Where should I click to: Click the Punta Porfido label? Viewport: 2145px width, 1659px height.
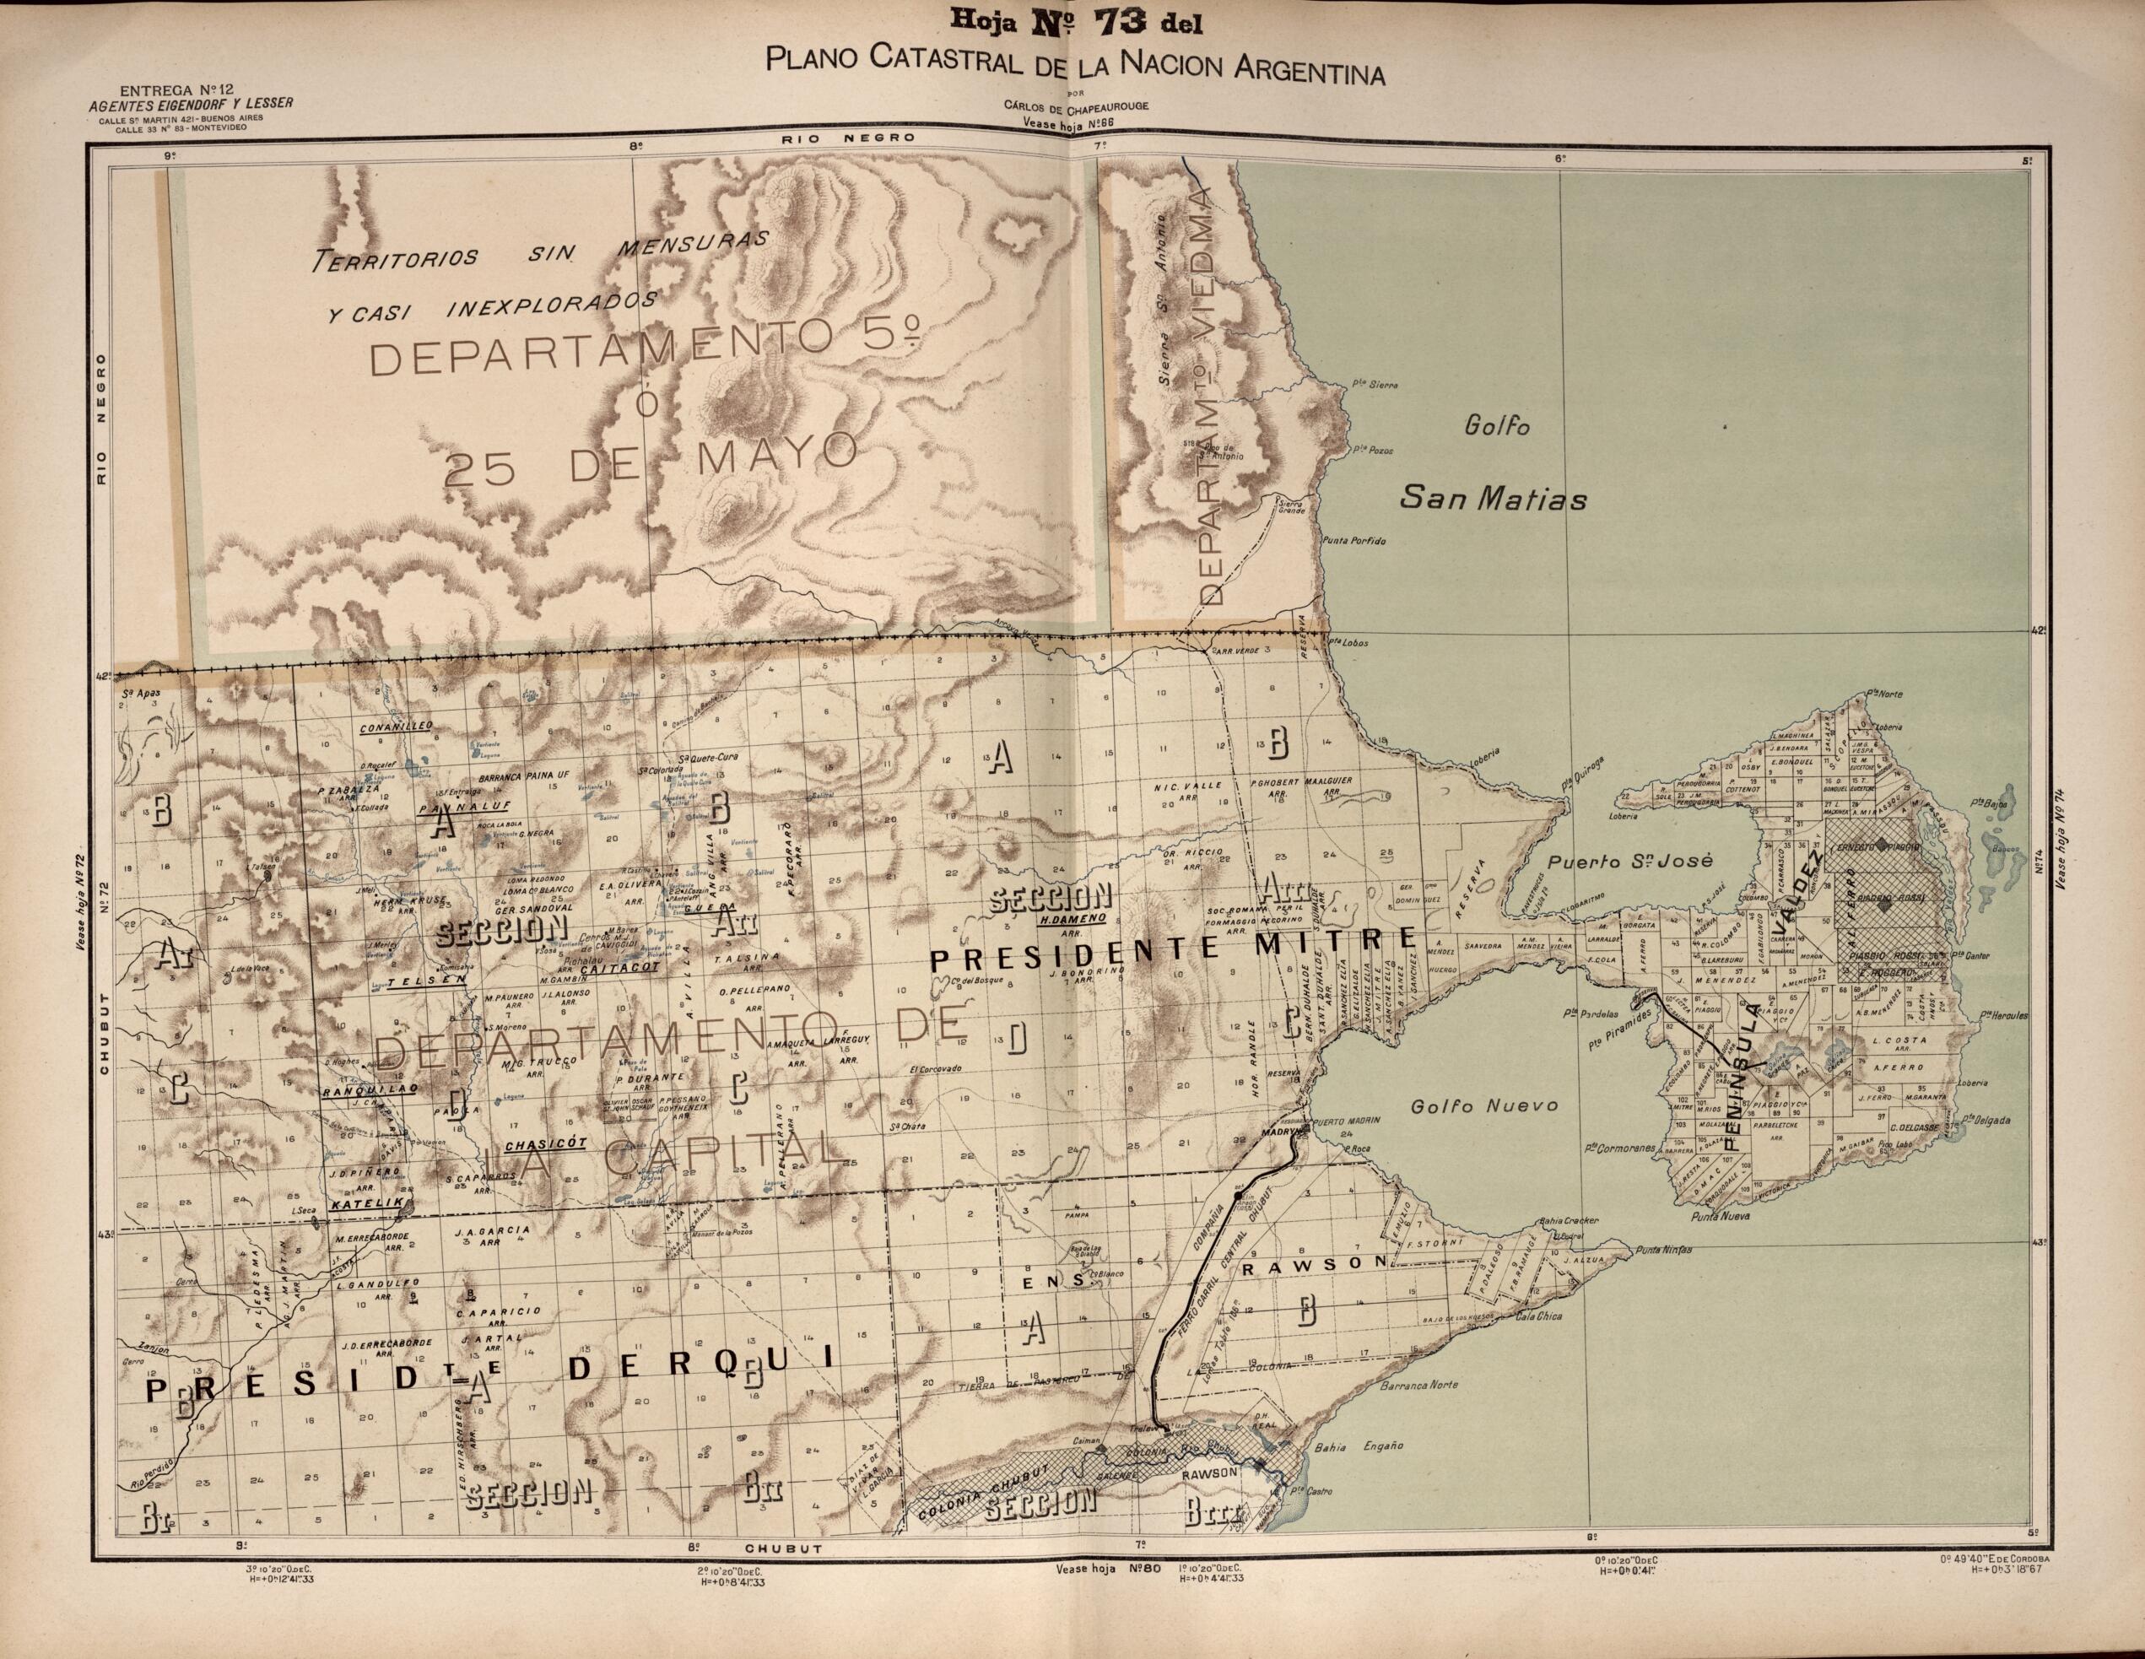[x=1354, y=541]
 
